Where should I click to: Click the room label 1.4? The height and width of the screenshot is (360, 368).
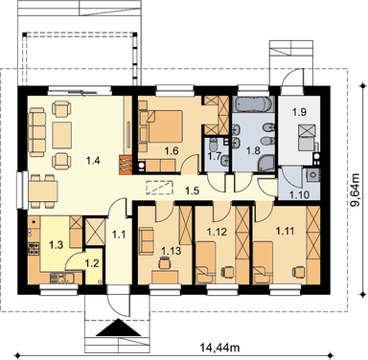click(x=93, y=160)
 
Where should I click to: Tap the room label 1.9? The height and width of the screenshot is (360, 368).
click(x=299, y=112)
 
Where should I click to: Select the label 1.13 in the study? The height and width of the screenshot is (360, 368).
click(x=171, y=251)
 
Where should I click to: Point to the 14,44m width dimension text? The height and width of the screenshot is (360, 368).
click(x=220, y=347)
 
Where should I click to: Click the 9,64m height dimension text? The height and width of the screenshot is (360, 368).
click(x=355, y=191)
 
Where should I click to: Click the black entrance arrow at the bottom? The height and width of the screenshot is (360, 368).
click(x=119, y=327)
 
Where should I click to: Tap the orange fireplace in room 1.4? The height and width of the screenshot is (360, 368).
click(x=126, y=165)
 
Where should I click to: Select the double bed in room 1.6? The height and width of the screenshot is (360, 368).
click(x=165, y=126)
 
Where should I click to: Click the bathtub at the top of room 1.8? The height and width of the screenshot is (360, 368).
click(x=253, y=104)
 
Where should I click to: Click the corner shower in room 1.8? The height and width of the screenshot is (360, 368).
click(x=266, y=163)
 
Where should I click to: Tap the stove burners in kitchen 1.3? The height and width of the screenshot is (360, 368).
click(x=34, y=249)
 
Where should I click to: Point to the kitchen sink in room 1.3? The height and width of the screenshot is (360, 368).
click(x=63, y=278)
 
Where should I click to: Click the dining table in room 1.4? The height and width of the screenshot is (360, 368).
click(x=43, y=191)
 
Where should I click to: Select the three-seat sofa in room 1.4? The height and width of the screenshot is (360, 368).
click(x=36, y=132)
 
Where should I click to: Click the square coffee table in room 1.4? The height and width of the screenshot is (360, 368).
click(x=62, y=134)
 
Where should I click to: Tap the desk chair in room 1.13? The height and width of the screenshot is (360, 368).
click(x=165, y=263)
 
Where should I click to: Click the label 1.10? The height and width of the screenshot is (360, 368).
click(x=299, y=194)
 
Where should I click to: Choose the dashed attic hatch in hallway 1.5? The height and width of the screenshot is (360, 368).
click(x=159, y=188)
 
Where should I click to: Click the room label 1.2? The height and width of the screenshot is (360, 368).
click(x=92, y=263)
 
